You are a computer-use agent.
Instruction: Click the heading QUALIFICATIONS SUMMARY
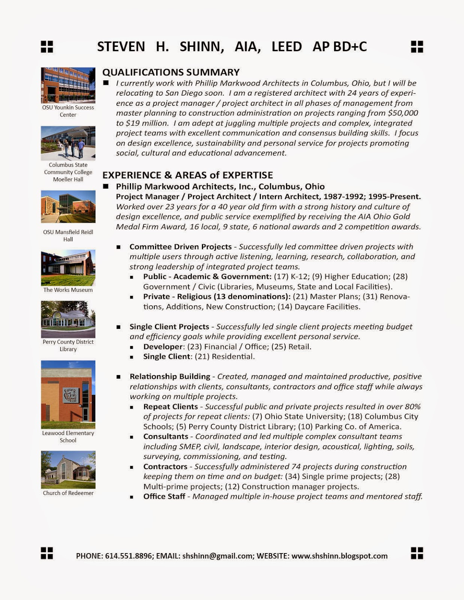tap(171, 72)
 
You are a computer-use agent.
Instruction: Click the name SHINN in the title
tap(202, 46)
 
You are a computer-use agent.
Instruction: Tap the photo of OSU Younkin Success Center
tap(68, 85)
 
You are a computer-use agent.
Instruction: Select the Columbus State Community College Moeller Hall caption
tap(68, 172)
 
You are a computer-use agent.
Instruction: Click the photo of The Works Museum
tap(68, 268)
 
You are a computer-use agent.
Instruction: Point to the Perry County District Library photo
tap(68, 319)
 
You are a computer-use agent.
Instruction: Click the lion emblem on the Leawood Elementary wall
tap(71, 395)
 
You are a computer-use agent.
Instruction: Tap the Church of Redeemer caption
tap(68, 493)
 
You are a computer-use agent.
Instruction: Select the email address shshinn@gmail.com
tap(218, 556)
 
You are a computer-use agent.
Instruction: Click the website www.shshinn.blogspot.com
tap(339, 556)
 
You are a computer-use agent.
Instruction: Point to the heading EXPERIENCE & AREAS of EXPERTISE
tap(188, 175)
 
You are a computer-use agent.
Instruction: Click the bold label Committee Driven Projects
tap(181, 247)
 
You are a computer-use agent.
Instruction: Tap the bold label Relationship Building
tap(170, 376)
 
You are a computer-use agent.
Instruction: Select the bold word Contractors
tap(165, 466)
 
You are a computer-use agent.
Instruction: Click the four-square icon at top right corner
tap(417, 47)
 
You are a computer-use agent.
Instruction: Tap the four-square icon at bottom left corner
tap(47, 553)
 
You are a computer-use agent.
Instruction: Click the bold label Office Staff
tap(164, 496)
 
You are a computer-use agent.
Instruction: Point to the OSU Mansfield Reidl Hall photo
tap(68, 207)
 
